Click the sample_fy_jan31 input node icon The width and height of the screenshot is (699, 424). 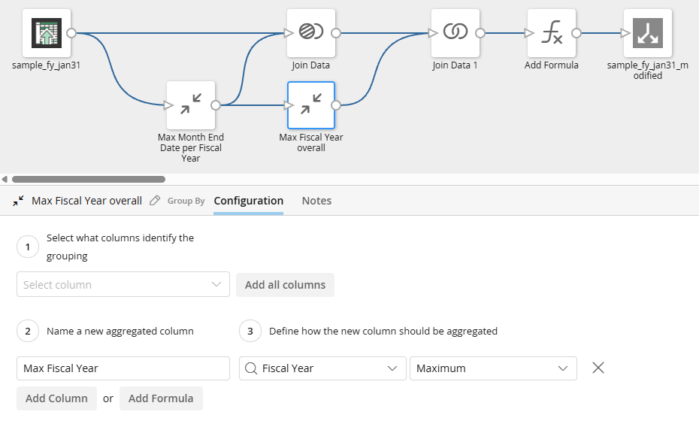pos(47,33)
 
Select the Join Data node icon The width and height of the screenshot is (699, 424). pos(311,33)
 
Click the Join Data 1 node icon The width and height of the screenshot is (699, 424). pos(455,33)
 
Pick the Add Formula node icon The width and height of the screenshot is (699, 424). pos(552,33)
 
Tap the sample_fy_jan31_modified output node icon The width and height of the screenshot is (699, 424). pos(647,33)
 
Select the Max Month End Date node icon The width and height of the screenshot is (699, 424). pos(191,105)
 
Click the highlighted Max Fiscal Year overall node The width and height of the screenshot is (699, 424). pos(311,105)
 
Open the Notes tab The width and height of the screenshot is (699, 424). pos(316,201)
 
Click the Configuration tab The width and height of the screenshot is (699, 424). pos(248,201)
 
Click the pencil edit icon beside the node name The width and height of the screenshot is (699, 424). pos(155,201)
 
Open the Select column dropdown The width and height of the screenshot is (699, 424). pos(123,285)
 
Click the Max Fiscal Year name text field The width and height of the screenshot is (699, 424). pos(123,368)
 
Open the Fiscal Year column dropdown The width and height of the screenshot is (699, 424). pos(322,368)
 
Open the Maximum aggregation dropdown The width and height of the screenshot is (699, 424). pos(493,368)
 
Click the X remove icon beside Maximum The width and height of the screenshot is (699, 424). pos(598,368)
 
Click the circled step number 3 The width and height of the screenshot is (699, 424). pos(250,331)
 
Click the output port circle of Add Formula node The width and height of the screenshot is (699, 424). pos(576,33)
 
